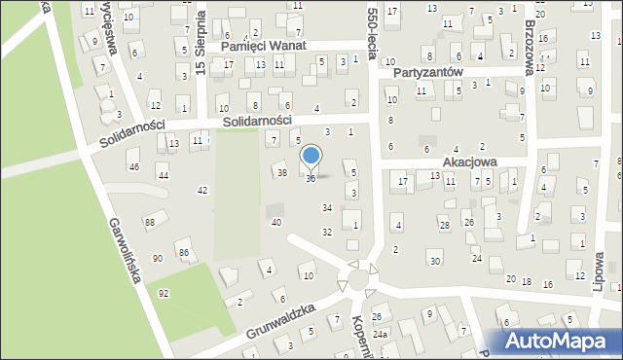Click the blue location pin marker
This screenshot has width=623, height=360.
point(311,156)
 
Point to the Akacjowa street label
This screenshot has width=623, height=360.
point(470,162)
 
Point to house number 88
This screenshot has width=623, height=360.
point(149,223)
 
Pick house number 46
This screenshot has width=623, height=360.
point(134,167)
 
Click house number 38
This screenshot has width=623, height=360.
point(282,172)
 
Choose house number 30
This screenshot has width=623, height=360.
point(434,262)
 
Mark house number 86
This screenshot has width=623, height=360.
point(183,253)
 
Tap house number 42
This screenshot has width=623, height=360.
point(202,190)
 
